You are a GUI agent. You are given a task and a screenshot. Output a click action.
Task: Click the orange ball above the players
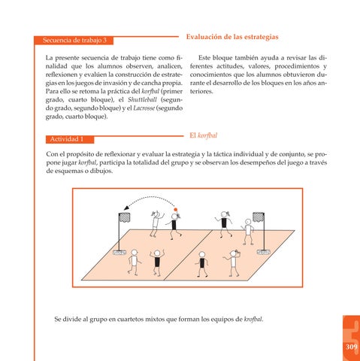(176, 210)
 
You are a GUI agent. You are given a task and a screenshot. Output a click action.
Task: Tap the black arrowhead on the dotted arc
(126, 208)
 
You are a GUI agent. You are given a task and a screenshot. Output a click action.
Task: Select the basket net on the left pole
(125, 217)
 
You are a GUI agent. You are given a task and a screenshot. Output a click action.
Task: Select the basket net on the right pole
(259, 217)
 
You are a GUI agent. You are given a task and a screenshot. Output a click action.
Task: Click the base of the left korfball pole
(119, 252)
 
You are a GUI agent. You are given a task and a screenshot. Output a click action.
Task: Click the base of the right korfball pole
(263, 252)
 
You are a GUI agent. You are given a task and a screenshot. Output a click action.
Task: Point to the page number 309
(352, 347)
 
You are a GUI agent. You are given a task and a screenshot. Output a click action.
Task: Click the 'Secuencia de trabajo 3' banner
(74, 41)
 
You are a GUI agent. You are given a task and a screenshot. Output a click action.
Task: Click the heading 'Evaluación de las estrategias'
(232, 37)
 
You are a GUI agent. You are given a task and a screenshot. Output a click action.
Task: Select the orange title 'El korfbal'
(204, 135)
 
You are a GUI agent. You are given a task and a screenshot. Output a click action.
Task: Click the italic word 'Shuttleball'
(142, 100)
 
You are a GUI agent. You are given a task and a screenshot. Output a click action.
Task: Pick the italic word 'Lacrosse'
(144, 108)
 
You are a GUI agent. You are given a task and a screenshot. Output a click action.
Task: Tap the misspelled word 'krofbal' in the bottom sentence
(253, 320)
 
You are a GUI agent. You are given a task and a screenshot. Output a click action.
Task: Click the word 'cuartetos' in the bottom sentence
(130, 320)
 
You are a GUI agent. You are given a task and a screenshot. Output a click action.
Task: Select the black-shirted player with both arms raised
(157, 262)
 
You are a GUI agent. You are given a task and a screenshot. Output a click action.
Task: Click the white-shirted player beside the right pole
(248, 232)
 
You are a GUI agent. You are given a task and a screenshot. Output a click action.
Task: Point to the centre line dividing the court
(188, 255)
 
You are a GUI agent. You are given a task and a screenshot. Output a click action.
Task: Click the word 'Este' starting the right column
(204, 58)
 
